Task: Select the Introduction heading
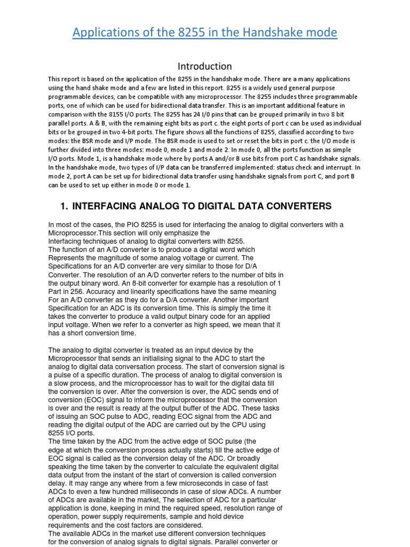pyautogui.click(x=205, y=66)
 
